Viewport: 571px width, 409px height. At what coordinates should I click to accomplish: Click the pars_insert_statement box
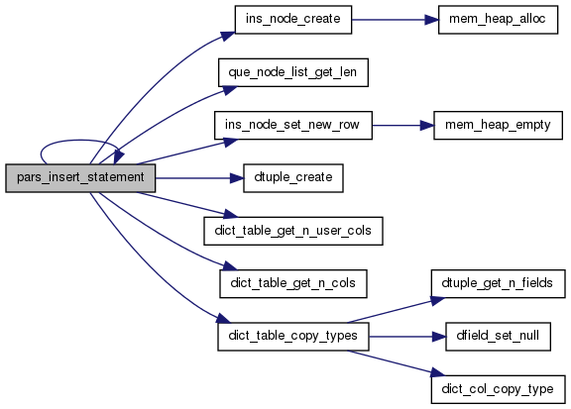coord(80,178)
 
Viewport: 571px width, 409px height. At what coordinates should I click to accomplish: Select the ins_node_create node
coord(293,20)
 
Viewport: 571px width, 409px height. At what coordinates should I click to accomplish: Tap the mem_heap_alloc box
coord(498,20)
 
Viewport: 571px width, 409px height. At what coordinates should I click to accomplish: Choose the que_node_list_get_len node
coord(293,72)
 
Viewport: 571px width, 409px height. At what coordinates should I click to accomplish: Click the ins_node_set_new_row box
coord(293,125)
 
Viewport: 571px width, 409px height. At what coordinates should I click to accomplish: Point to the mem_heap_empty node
coord(498,125)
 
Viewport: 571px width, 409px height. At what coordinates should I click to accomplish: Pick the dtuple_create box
coord(293,178)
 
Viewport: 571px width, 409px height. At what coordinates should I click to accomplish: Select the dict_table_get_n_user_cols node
coord(293,231)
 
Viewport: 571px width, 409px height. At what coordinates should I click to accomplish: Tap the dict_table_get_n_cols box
coord(293,284)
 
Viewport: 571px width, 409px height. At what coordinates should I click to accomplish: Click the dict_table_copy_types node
coord(293,337)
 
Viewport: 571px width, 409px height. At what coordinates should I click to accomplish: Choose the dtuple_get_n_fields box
coord(498,284)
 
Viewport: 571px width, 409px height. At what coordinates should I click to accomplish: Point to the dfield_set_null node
coord(498,337)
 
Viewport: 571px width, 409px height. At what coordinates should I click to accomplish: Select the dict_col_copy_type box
coord(498,389)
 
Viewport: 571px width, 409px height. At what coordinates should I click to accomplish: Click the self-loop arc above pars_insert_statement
coord(78,140)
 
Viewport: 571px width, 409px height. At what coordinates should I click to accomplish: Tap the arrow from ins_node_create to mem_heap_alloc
coord(396,20)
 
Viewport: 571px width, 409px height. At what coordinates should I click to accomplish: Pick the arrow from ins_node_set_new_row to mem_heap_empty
coord(403,125)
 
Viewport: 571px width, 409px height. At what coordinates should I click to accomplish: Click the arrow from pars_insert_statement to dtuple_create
coord(199,178)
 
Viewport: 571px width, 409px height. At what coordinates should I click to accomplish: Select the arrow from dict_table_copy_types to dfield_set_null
coord(407,337)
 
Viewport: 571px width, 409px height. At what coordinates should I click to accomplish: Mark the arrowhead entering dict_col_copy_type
coord(437,372)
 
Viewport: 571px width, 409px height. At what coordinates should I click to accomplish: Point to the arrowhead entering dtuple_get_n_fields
coord(437,301)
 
